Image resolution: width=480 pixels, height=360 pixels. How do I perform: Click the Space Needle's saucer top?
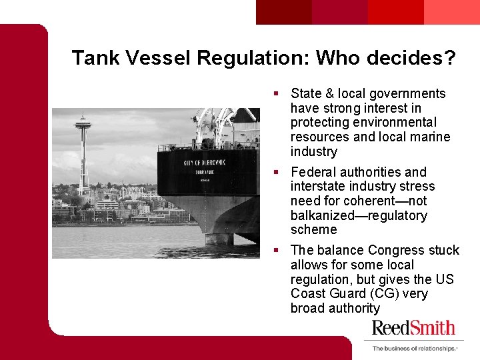point(83,125)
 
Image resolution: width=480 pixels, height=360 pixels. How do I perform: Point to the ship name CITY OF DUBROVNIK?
point(204,162)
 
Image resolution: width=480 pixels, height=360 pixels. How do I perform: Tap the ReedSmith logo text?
point(413,328)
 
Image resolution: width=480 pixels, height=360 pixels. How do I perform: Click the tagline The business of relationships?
point(414,348)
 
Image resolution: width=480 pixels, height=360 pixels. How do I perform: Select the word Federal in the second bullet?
point(313,172)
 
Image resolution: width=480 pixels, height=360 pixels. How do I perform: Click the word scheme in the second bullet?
point(314,230)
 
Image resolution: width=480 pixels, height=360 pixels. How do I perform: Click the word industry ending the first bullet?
point(314,151)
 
